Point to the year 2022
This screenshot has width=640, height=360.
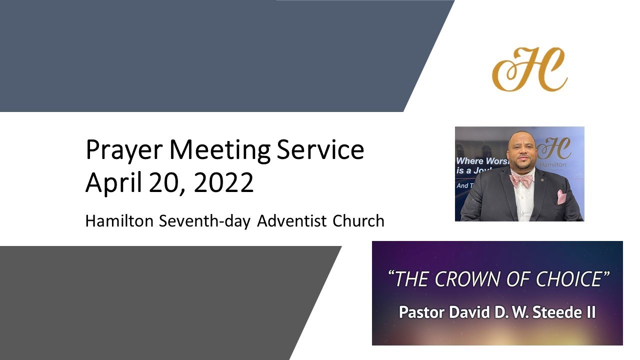223,183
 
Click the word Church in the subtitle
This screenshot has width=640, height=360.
358,221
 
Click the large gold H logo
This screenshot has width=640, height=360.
529,70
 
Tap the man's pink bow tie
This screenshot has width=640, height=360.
520,180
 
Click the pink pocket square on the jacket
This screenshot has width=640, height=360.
561,196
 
